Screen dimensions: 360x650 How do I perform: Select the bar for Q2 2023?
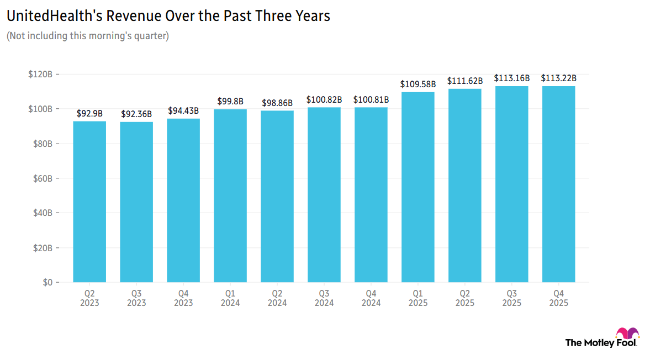(89, 202)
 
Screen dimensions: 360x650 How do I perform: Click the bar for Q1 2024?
(230, 195)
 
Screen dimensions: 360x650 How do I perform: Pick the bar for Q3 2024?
(324, 194)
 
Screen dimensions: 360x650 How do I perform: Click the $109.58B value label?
(418, 84)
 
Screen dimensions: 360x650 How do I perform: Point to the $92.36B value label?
(136, 114)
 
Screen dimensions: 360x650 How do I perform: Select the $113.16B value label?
(512, 78)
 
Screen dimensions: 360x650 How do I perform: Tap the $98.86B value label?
(277, 103)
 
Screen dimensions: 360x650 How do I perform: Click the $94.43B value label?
(183, 110)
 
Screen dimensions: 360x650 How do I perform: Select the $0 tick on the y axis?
(47, 282)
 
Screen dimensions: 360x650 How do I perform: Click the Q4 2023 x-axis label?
(183, 298)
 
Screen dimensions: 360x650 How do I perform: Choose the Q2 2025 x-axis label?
(465, 298)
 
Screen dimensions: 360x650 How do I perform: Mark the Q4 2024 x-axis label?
(371, 298)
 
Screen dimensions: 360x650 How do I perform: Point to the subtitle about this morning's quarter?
(87, 36)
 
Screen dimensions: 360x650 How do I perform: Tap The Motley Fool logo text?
(600, 343)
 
